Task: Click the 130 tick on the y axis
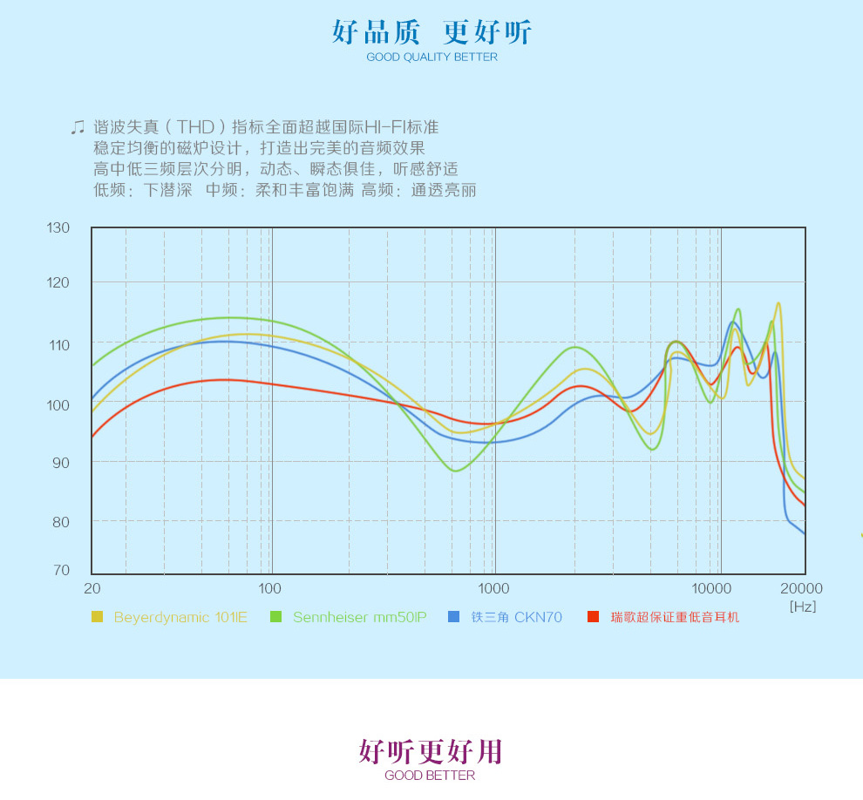[58, 228]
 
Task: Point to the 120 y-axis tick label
[58, 283]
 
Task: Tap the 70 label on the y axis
[60, 571]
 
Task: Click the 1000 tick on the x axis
[494, 589]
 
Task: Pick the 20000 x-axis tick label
[802, 589]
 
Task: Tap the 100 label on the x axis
[270, 589]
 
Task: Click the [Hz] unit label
[803, 607]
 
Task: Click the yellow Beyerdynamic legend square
[97, 617]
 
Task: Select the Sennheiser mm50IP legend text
[359, 617]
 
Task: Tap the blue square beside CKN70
[453, 617]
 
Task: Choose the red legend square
[593, 617]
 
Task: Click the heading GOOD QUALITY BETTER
[431, 58]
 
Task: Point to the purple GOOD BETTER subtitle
[430, 776]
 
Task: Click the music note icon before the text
[78, 127]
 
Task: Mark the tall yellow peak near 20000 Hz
[778, 304]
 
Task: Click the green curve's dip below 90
[456, 471]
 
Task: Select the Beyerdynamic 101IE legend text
[180, 617]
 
